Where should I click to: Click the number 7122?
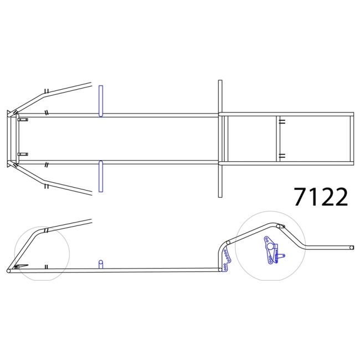321,197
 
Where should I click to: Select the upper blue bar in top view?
101,101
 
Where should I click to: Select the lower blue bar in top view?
101,176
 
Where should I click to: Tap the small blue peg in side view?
100,264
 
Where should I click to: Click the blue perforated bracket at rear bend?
225,260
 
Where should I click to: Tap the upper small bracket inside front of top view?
23,119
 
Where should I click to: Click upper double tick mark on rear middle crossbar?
282,122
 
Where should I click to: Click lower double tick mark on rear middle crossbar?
282,156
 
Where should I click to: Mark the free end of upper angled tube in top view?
90,84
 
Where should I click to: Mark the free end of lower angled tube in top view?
90,193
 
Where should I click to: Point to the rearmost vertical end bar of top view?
351,138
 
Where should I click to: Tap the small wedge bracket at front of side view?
19,268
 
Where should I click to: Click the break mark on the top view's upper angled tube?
48,91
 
